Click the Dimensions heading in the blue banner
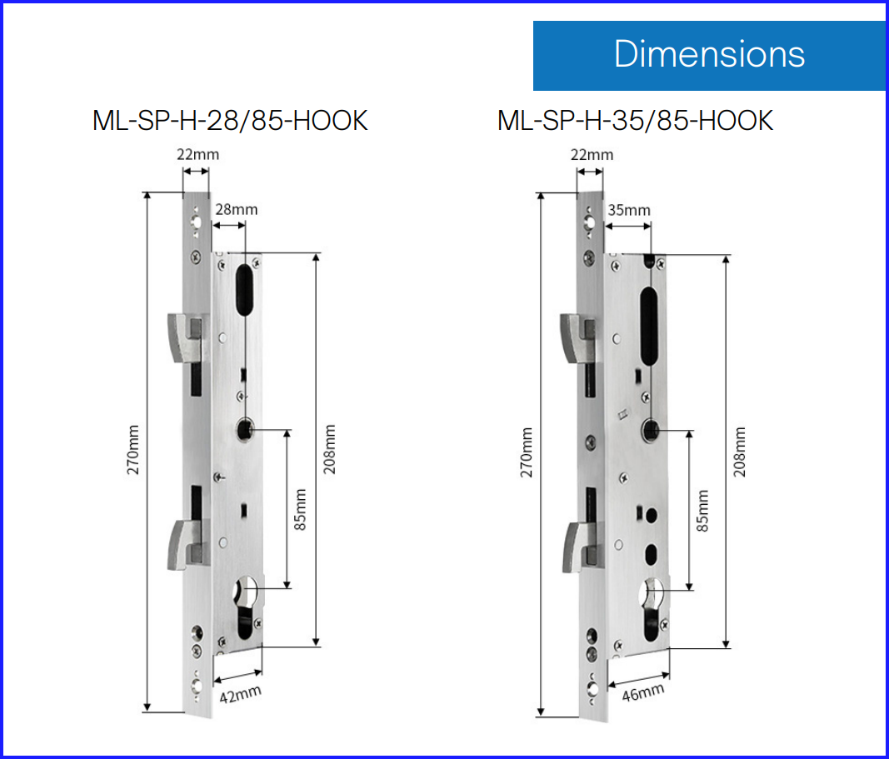tap(709, 54)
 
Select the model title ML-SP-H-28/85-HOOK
tap(230, 121)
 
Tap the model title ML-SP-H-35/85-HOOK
tap(635, 121)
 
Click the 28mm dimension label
tap(237, 210)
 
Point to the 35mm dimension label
tap(629, 210)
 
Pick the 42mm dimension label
tap(241, 694)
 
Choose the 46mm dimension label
tap(643, 692)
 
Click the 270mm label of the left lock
tap(132, 450)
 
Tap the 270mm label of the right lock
tap(527, 452)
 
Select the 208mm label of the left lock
tap(329, 449)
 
